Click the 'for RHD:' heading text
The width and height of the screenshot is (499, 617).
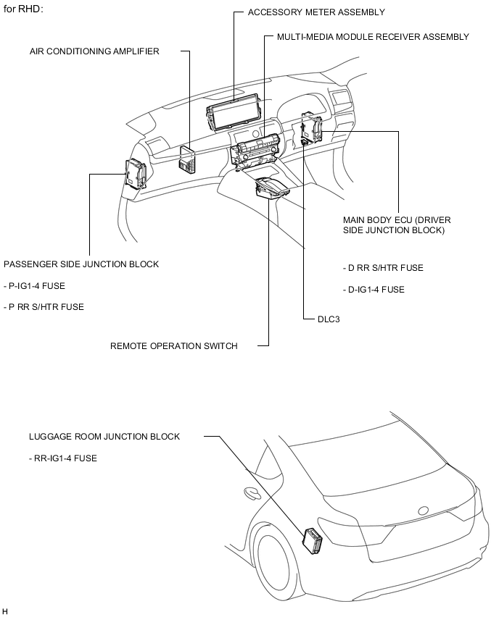pyautogui.click(x=23, y=9)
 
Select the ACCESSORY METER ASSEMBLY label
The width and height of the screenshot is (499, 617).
pyautogui.click(x=316, y=12)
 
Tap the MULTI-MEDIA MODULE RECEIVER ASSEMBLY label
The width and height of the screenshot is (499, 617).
pyautogui.click(x=373, y=37)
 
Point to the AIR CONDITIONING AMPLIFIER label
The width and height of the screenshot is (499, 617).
pyautogui.click(x=94, y=51)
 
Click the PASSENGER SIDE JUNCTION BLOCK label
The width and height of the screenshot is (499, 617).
pyautogui.click(x=81, y=264)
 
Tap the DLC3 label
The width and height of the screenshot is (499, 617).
pyautogui.click(x=329, y=319)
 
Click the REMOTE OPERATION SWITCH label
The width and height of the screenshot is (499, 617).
pyautogui.click(x=174, y=346)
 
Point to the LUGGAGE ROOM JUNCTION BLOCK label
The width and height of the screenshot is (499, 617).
pyautogui.click(x=104, y=437)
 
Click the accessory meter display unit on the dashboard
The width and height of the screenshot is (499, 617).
pyautogui.click(x=234, y=112)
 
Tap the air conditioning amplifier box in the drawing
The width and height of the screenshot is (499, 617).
pyautogui.click(x=188, y=159)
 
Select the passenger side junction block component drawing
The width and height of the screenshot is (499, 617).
pyautogui.click(x=136, y=174)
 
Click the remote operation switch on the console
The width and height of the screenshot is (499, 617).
pyautogui.click(x=273, y=188)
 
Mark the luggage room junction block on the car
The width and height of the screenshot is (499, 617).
pyautogui.click(x=312, y=541)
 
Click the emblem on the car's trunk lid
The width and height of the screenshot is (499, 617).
pyautogui.click(x=424, y=511)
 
